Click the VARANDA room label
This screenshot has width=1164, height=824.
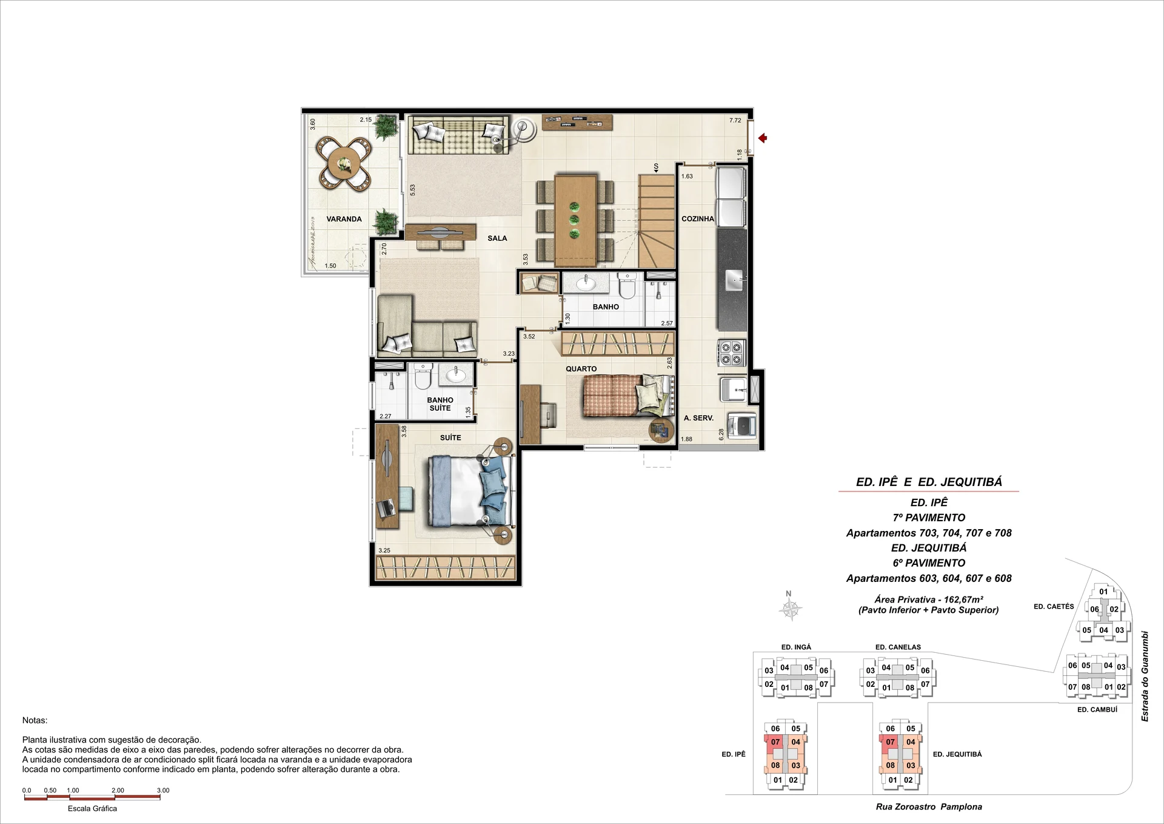[x=344, y=219]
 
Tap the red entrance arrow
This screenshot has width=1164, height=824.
[x=763, y=139]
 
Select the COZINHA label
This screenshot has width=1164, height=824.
[x=698, y=218]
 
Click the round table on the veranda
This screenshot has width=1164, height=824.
[x=344, y=163]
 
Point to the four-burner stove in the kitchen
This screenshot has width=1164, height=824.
[x=731, y=353]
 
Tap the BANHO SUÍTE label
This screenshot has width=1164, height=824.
[x=440, y=404]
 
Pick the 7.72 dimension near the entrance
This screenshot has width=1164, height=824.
[x=735, y=120]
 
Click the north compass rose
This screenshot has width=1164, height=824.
[x=791, y=609]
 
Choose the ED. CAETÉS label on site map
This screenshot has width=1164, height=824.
[x=1054, y=606]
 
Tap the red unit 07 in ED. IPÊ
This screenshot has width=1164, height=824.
[x=775, y=741]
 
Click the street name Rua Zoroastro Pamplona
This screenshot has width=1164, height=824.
[x=929, y=806]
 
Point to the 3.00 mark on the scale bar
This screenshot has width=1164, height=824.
[x=162, y=790]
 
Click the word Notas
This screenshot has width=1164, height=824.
[x=35, y=720]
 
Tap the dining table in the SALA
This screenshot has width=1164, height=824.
[x=575, y=220]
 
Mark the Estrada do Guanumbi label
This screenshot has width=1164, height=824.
[x=1145, y=677]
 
